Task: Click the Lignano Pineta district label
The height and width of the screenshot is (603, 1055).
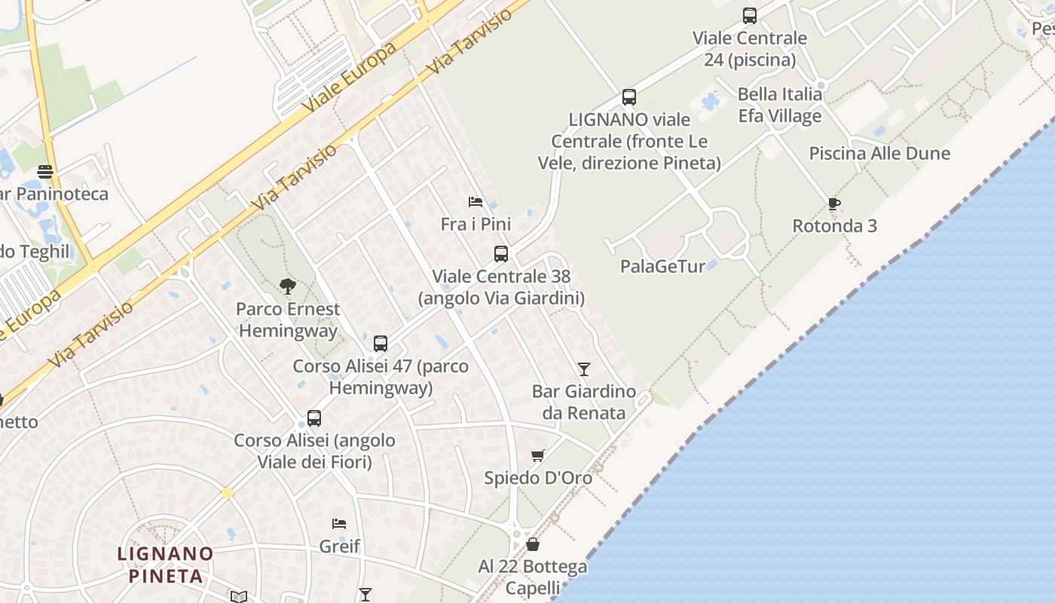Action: (166, 565)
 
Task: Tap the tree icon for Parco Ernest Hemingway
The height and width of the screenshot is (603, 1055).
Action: (287, 286)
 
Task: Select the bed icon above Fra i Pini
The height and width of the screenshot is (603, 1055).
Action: (476, 201)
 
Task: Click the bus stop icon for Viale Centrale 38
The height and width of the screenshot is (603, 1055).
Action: (501, 254)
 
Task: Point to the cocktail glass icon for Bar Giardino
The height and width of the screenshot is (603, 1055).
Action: (583, 369)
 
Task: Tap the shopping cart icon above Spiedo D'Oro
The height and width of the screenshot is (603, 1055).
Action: (537, 455)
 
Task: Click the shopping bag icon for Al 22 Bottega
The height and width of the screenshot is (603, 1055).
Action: (533, 543)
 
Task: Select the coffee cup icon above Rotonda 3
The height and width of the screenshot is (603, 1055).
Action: (833, 203)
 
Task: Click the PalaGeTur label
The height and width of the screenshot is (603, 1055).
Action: (662, 266)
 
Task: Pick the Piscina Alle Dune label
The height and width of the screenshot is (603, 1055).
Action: (879, 154)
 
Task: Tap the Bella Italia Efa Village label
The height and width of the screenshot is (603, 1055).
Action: (779, 106)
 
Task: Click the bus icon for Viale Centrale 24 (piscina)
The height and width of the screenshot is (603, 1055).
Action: (749, 15)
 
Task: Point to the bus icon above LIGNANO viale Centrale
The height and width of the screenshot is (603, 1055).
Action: (629, 96)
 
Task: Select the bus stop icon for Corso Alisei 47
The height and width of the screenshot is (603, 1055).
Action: (381, 344)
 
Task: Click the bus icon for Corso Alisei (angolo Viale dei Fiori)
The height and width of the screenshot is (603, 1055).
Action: (314, 418)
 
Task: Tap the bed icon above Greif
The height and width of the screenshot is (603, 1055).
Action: (339, 523)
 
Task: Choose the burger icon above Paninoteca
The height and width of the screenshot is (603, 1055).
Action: (45, 171)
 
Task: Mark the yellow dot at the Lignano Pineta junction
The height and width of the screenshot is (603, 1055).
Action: (227, 493)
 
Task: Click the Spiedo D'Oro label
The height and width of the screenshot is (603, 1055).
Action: (538, 478)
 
